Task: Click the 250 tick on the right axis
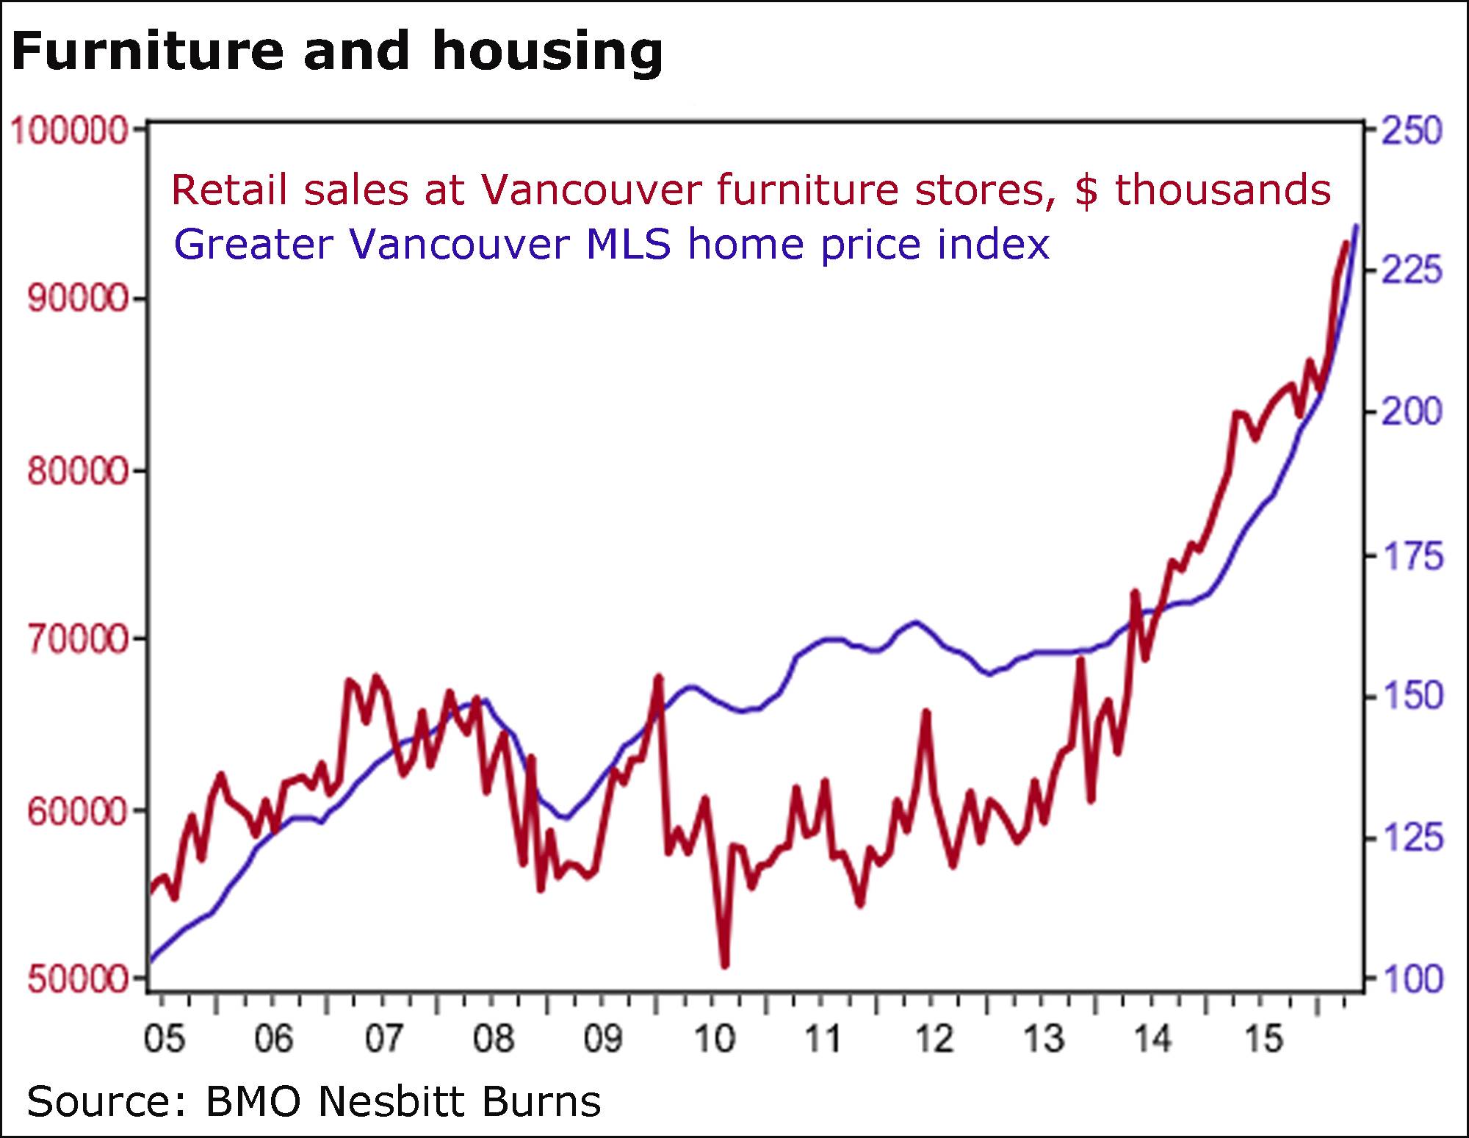click(x=1412, y=132)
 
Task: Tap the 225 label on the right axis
click(x=1412, y=271)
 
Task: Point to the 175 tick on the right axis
click(x=1412, y=556)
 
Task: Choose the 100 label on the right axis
click(x=1412, y=979)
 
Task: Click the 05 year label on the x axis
click(x=165, y=1039)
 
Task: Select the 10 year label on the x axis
click(x=714, y=1039)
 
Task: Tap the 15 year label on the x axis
click(x=1263, y=1039)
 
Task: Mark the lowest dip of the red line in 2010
click(x=725, y=965)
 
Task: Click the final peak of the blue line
click(x=1356, y=226)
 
